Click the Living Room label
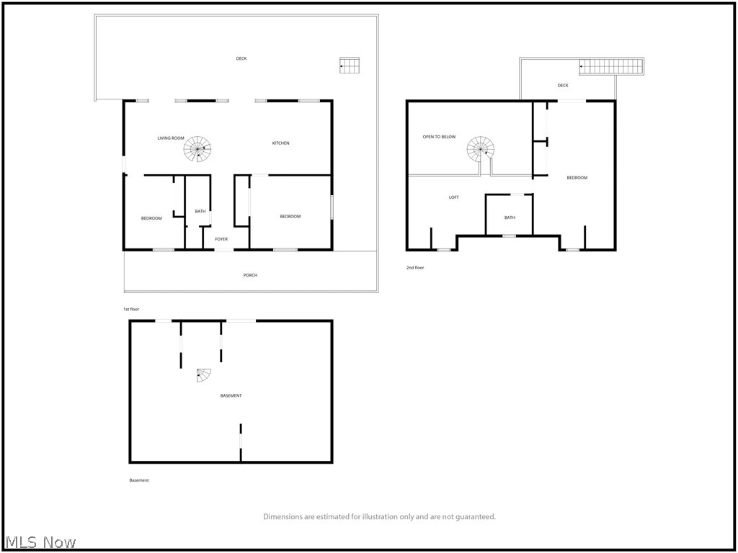click(x=171, y=138)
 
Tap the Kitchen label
click(x=280, y=143)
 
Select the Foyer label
click(x=221, y=239)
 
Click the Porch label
click(x=250, y=275)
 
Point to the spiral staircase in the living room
click(x=197, y=150)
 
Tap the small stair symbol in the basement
click(x=204, y=375)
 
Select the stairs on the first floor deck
click(x=349, y=66)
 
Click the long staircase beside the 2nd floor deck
click(x=611, y=67)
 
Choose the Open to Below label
click(x=439, y=137)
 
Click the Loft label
click(x=453, y=197)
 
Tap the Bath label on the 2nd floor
click(x=510, y=217)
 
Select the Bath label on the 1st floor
click(x=200, y=211)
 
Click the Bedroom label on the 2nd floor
click(x=577, y=178)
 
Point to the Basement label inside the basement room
click(x=231, y=395)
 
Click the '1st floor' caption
click(x=130, y=309)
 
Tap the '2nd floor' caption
click(x=415, y=268)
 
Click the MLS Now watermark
click(x=40, y=541)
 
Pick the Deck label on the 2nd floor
click(x=563, y=86)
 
